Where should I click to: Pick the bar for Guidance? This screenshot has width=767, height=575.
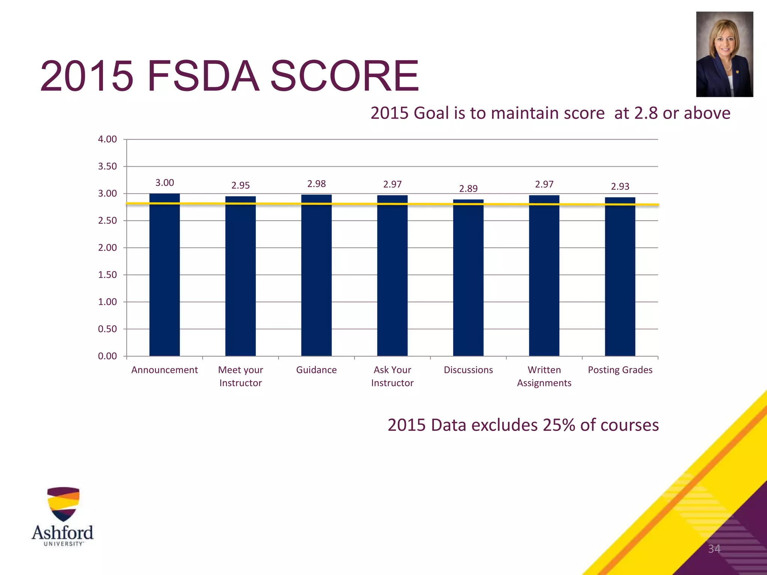coord(316,275)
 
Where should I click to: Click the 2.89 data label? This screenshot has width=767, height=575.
coord(468,188)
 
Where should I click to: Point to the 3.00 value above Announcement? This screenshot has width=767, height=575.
coord(164,183)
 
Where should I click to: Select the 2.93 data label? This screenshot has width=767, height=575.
coord(620,186)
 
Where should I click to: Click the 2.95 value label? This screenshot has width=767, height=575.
coord(240,185)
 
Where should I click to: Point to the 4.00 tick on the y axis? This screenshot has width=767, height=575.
coord(107,139)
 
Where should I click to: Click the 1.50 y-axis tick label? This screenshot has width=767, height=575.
coord(107,275)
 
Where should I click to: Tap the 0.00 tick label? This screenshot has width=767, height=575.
coord(107,356)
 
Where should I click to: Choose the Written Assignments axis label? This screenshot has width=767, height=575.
coord(544,376)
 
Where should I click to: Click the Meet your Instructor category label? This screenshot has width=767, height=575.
coord(240,376)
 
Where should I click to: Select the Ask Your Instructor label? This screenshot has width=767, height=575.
coord(392,376)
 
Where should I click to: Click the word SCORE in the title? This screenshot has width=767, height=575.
coord(344,76)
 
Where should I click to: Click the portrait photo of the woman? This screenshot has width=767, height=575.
coord(724,54)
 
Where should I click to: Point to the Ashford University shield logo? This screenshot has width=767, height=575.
coord(63,504)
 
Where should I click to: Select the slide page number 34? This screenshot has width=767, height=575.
coord(714,549)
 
